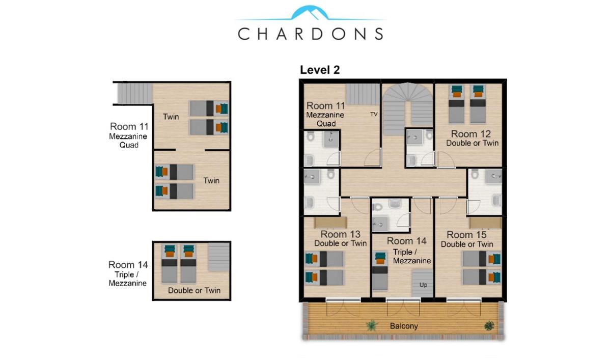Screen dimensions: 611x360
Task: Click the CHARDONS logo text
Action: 311,34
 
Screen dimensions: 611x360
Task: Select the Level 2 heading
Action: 320,70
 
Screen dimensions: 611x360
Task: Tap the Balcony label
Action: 404,326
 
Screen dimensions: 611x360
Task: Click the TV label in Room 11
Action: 374,114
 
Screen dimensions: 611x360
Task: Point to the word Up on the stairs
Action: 423,285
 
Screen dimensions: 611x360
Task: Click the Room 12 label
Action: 471,133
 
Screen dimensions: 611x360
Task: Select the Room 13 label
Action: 341,234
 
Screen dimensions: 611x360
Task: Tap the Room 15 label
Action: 466,235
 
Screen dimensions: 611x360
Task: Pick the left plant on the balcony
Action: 372,325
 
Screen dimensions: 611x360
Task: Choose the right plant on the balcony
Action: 489,326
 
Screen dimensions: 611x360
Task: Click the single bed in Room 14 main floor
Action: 380,271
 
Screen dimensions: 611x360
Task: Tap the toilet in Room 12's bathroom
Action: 429,135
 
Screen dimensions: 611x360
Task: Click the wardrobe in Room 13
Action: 330,223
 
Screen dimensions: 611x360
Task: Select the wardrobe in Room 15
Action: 485,223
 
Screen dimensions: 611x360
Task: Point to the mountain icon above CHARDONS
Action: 310,13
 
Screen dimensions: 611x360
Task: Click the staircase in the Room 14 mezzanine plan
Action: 219,257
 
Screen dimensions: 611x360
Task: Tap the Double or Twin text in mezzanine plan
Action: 194,290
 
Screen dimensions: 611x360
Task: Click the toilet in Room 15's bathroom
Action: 475,174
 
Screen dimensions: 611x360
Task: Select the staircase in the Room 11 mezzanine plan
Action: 135,94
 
